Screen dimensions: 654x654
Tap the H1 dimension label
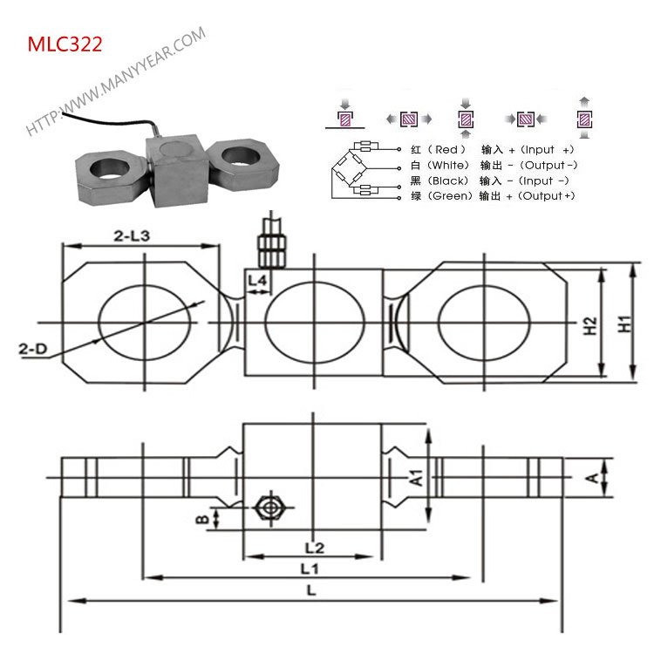[x=624, y=324]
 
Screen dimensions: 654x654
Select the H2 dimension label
[x=590, y=324]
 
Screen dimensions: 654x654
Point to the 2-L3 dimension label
[x=133, y=235]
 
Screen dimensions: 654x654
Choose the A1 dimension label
[x=417, y=478]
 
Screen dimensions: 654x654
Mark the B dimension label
[x=202, y=520]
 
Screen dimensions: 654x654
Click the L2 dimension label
[x=314, y=548]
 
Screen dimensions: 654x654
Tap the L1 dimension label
[x=308, y=569]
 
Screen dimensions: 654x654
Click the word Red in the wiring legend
[x=445, y=150]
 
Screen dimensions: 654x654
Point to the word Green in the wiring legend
[x=448, y=196]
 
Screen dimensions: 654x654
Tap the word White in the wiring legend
[x=448, y=166]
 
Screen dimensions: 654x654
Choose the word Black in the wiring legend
[x=448, y=181]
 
